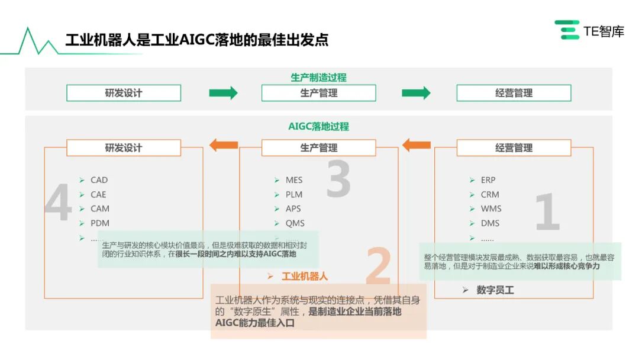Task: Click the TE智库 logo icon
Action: (x=566, y=30)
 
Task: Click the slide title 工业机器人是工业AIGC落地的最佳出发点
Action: (x=196, y=40)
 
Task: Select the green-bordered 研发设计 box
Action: (x=124, y=93)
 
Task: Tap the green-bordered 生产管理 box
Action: (x=318, y=93)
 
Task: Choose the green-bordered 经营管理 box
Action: (x=514, y=93)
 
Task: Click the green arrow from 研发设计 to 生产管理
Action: (x=223, y=93)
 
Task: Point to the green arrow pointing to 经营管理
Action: (x=416, y=93)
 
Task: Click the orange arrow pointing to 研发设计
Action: (x=224, y=144)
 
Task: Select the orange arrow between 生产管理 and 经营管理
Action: (x=417, y=144)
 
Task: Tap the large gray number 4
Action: (x=58, y=204)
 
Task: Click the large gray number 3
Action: (x=338, y=179)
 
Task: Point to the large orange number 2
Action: (x=379, y=266)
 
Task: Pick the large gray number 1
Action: (x=547, y=211)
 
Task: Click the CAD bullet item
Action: (x=99, y=180)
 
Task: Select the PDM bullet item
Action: (x=99, y=223)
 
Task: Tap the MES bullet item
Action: (x=293, y=180)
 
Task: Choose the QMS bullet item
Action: (x=295, y=223)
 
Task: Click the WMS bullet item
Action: (x=490, y=208)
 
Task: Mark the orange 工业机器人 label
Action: (x=304, y=276)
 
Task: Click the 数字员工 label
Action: (x=495, y=290)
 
